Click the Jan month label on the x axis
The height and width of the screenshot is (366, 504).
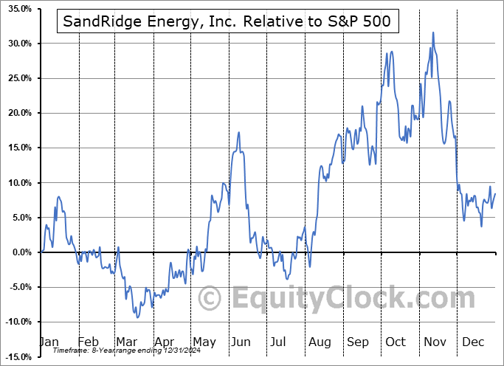(50, 342)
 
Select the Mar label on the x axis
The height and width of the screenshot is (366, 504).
(126, 342)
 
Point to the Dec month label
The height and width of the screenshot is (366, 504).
(472, 342)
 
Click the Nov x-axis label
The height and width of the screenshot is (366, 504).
(435, 342)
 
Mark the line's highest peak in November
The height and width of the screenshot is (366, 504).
(433, 32)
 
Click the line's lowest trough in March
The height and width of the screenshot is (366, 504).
(137, 317)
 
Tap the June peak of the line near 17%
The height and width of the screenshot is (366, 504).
(239, 132)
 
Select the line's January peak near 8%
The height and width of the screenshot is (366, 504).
(58, 196)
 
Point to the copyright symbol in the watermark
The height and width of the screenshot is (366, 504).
(210, 299)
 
